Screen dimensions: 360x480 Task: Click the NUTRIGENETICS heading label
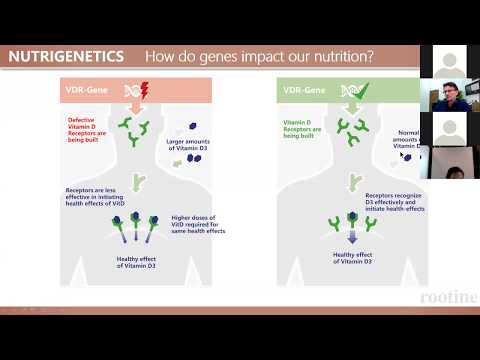tap(66, 57)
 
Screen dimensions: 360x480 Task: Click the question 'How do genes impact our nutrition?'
tap(259, 57)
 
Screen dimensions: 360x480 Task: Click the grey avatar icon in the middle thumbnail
tap(449, 128)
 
